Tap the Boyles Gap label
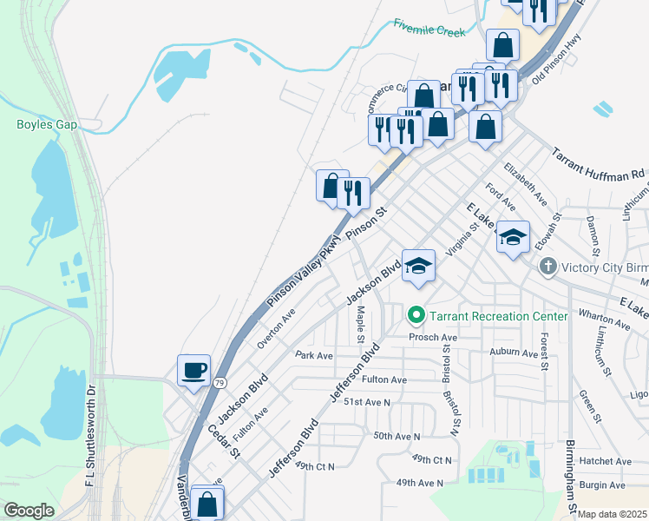(x=47, y=124)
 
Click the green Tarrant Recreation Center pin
(x=416, y=315)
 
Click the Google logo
(x=29, y=511)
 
